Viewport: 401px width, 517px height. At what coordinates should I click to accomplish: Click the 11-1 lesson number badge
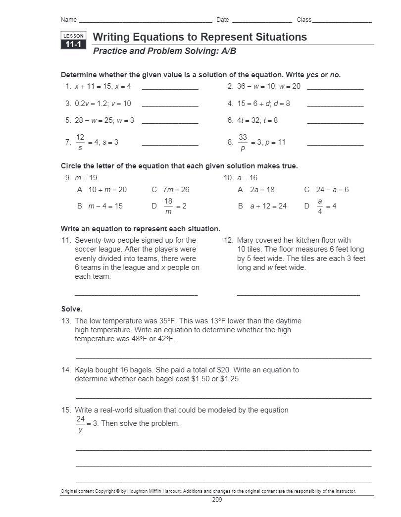[73, 45]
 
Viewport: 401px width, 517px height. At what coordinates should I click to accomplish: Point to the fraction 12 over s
[80, 142]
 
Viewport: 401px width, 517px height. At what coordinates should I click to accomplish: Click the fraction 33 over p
[243, 142]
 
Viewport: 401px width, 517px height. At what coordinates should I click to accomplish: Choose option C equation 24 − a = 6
[332, 190]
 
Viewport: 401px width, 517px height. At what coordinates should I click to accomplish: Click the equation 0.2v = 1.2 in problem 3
[90, 103]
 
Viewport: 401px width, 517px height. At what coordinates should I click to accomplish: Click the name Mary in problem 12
[246, 240]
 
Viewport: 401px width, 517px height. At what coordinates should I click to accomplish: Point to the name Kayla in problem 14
[85, 370]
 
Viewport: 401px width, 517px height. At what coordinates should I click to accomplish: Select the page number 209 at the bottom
[217, 500]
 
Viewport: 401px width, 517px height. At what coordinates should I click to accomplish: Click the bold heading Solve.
[71, 309]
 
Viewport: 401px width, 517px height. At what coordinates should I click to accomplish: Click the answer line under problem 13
[223, 357]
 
